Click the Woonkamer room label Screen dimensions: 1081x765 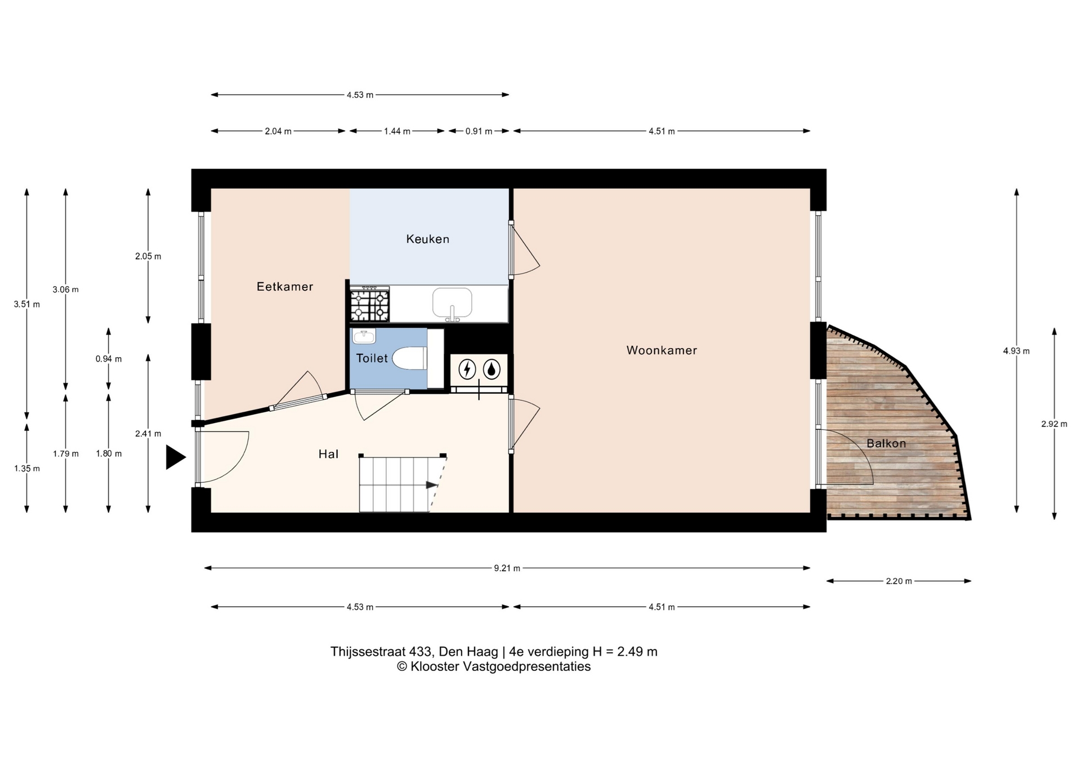662,350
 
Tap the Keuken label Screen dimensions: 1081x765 428,239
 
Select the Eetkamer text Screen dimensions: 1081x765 285,287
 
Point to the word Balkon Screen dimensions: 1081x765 886,443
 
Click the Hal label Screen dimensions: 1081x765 328,454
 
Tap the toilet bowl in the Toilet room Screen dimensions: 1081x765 409,358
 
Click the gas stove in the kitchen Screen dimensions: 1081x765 370,304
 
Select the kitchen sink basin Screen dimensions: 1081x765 452,303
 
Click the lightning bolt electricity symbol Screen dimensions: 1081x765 467,370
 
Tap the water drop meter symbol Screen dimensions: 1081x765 492,370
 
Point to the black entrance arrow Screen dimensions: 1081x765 176,457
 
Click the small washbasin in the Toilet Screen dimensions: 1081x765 364,336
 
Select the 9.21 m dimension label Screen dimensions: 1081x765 507,568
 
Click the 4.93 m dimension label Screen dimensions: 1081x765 1016,351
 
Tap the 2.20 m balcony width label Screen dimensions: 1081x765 899,581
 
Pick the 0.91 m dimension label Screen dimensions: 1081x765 479,131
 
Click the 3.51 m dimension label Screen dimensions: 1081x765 26,304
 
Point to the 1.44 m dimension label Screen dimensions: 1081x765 397,131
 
